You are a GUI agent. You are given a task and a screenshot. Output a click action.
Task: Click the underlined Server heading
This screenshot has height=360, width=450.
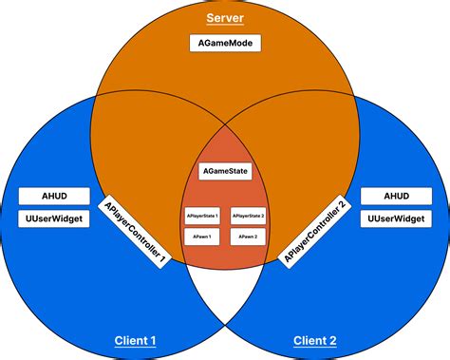click(x=225, y=20)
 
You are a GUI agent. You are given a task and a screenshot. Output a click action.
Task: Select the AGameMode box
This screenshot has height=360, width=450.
click(x=225, y=44)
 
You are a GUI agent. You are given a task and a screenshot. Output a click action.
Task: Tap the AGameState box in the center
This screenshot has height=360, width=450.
click(x=225, y=172)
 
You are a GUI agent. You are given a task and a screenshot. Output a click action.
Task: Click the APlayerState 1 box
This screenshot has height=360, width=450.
click(x=200, y=216)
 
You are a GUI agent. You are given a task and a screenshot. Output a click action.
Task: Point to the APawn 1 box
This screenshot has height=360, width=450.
click(x=200, y=235)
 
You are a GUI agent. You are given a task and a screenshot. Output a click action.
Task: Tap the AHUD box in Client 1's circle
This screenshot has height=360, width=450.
click(x=54, y=197)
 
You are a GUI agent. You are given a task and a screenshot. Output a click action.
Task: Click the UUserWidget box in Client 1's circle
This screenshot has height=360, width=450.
click(x=54, y=218)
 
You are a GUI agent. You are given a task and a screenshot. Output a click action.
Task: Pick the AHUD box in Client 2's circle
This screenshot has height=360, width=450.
click(x=396, y=197)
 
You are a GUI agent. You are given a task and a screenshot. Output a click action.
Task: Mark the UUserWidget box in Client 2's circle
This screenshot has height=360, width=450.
click(x=396, y=218)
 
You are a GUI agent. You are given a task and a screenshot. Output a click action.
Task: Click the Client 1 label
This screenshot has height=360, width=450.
click(x=135, y=340)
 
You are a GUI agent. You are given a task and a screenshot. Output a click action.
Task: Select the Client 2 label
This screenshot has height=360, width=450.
click(x=314, y=340)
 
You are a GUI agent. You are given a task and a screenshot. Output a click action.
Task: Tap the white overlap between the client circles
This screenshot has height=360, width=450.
click(x=225, y=290)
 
